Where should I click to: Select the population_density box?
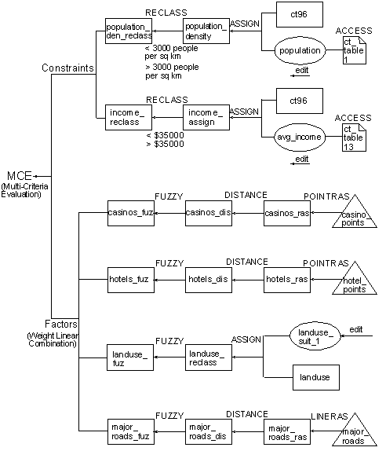pyautogui.click(x=206, y=32)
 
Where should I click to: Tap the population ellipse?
pyautogui.click(x=300, y=51)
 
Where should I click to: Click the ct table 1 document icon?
pyautogui.click(x=355, y=50)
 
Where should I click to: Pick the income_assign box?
pyautogui.click(x=206, y=119)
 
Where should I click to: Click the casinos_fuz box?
pyautogui.click(x=130, y=213)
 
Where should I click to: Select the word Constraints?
pyautogui.click(x=68, y=69)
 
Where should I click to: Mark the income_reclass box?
pyautogui.click(x=129, y=119)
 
